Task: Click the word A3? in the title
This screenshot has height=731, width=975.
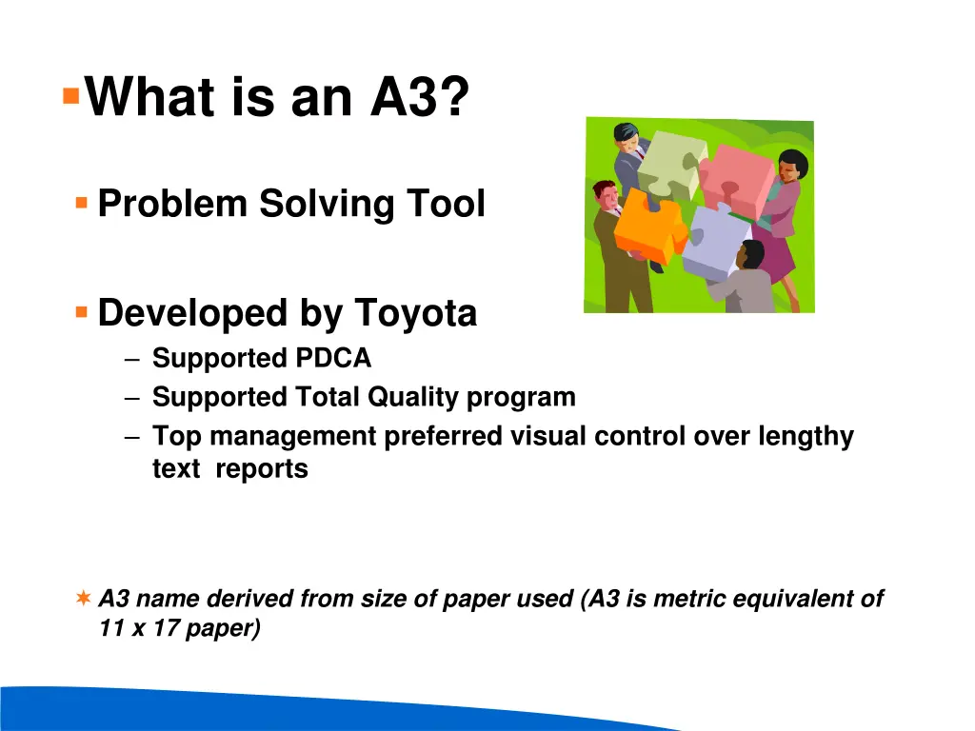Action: click(x=419, y=97)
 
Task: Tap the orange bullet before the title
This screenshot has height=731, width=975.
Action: click(x=70, y=96)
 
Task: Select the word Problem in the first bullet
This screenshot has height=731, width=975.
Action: click(x=172, y=204)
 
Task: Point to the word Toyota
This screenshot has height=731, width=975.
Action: click(x=415, y=313)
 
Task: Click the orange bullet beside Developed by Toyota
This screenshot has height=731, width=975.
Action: click(x=82, y=311)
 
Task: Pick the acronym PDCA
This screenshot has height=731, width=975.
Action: click(x=332, y=359)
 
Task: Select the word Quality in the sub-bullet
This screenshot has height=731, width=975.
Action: click(x=413, y=397)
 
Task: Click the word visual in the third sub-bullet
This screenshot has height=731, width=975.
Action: click(x=547, y=436)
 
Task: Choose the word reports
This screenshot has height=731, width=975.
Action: click(x=261, y=468)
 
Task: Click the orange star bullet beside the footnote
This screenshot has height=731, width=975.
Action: click(x=84, y=599)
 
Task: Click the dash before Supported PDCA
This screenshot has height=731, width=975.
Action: click(x=131, y=359)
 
